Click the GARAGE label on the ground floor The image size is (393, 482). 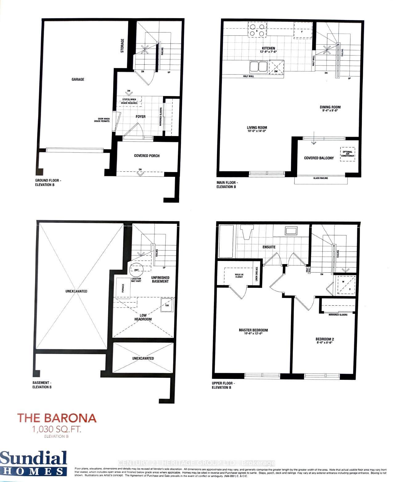coord(78,79)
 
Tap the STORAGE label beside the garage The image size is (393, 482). coord(122,46)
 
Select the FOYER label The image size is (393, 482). coord(141,117)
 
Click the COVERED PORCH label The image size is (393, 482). coord(147,156)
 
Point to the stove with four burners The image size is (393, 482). coord(257,30)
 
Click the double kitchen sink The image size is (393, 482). coord(258,66)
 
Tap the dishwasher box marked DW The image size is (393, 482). coord(276,67)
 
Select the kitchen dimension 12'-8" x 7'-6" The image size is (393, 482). coord(268,52)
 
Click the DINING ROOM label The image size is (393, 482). coord(330,107)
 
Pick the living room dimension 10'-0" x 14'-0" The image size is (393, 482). coord(256,131)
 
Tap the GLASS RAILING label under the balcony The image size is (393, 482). coord(321,178)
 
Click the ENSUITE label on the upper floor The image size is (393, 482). coord(269,247)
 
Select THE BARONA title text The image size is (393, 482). coord(57,418)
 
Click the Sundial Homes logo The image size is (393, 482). coord(33,463)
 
